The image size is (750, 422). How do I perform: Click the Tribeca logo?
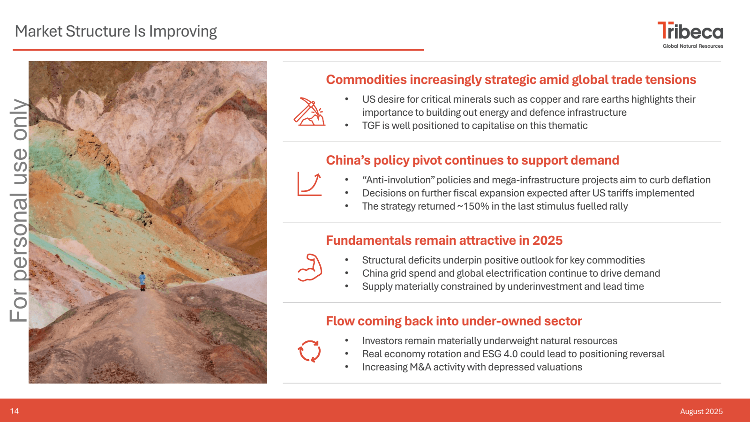click(x=690, y=35)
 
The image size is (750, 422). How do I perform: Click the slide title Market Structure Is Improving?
click(x=116, y=31)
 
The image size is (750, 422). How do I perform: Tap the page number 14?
click(x=15, y=411)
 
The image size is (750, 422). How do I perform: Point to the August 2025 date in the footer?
click(x=701, y=411)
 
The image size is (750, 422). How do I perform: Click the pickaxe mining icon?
click(x=309, y=112)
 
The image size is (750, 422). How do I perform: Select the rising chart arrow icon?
click(x=309, y=184)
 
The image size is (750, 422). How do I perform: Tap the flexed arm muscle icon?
click(x=310, y=267)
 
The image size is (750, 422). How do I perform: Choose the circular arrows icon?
click(x=309, y=351)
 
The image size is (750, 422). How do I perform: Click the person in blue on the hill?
click(x=142, y=281)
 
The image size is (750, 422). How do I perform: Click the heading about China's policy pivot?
click(x=472, y=160)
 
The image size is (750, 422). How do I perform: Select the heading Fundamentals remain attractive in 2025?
click(x=444, y=241)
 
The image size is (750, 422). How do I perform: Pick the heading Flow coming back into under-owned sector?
click(x=454, y=321)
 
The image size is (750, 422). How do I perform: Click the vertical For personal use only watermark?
click(x=18, y=211)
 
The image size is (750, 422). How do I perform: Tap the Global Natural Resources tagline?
click(x=693, y=46)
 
